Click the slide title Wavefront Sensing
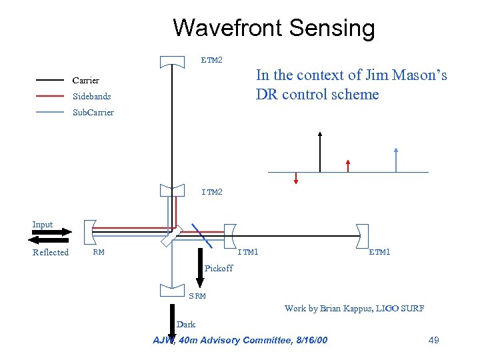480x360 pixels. coord(273,28)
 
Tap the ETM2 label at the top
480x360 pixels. coord(212,60)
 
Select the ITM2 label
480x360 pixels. coord(212,192)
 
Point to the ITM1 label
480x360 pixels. coord(249,252)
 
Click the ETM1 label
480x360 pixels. coord(379,252)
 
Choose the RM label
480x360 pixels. coord(99,252)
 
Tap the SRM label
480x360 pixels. coord(197,296)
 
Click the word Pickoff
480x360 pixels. coord(219,268)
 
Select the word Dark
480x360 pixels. coord(186,325)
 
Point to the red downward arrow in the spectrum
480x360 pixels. coord(296,177)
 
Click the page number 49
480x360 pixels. coord(433,341)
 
